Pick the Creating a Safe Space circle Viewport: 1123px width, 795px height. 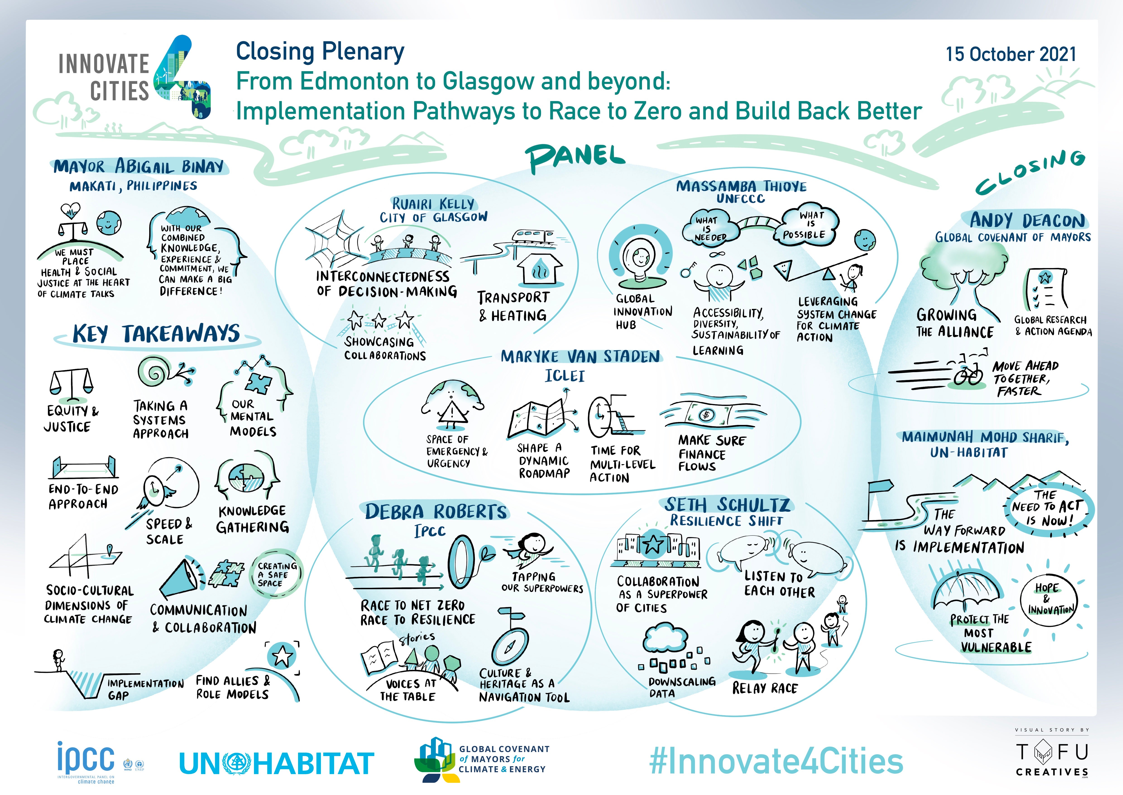[277, 574]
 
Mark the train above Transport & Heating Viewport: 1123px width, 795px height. [533, 236]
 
